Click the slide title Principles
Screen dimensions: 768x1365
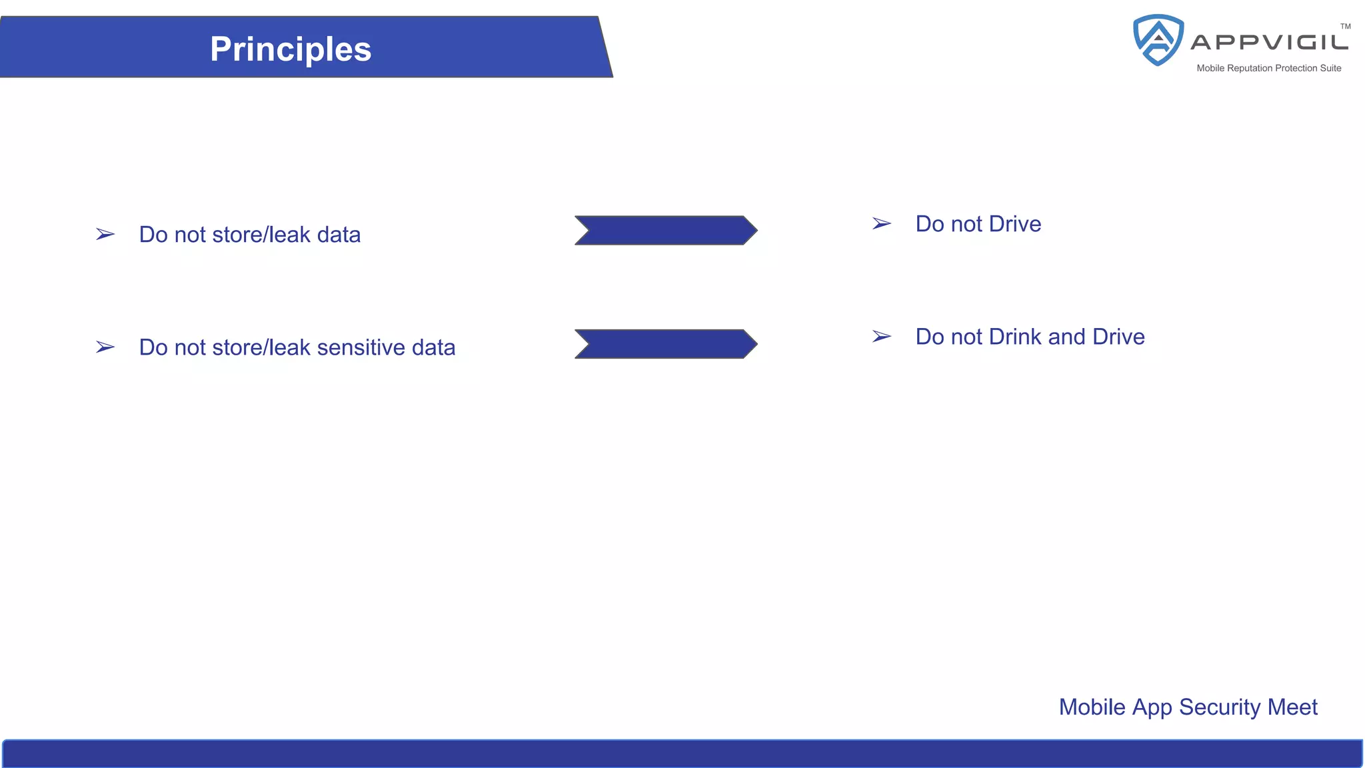291,49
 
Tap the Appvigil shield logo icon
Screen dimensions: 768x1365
1158,40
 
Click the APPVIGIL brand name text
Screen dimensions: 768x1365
1269,43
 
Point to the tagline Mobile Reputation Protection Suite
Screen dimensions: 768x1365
1268,68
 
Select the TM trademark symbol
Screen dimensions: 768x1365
1346,27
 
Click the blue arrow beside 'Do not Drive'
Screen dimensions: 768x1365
665,231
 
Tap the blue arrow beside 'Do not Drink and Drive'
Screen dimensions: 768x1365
665,344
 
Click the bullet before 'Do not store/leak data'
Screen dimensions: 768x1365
105,235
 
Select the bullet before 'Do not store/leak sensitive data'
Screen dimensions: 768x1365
105,347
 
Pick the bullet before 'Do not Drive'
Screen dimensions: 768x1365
882,224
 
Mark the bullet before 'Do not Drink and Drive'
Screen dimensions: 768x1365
882,337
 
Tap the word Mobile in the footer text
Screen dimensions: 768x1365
1092,707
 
